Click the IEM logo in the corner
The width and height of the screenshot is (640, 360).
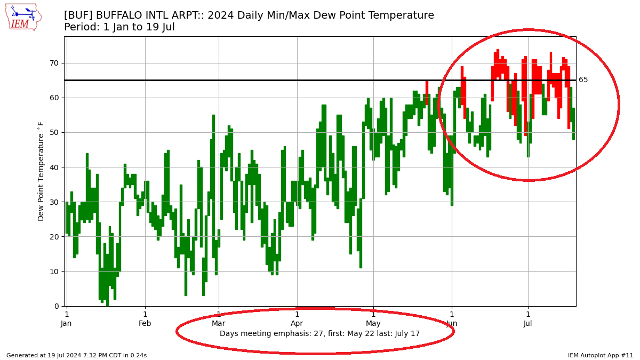(23, 17)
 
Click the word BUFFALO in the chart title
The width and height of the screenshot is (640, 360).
(121, 15)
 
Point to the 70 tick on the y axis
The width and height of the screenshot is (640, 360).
(54, 63)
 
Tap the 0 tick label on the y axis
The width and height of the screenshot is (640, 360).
(57, 306)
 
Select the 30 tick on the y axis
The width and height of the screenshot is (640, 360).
(54, 202)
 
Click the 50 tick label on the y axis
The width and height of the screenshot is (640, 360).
(54, 132)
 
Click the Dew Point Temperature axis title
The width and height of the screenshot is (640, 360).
(41, 171)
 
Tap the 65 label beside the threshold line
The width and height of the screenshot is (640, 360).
(583, 80)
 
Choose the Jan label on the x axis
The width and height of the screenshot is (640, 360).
(66, 324)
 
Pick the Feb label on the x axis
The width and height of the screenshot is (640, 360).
(145, 324)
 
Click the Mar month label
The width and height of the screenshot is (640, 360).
(219, 324)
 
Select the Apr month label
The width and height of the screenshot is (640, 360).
(297, 324)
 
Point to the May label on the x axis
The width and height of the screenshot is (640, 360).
(373, 324)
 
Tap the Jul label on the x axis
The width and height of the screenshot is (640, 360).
(528, 324)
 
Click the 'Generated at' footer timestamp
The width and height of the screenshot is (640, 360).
(76, 355)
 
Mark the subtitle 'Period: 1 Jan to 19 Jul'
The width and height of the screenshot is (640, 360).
(119, 27)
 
